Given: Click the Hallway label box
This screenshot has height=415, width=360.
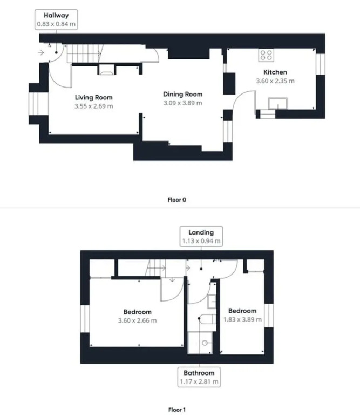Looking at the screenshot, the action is (x=56, y=19).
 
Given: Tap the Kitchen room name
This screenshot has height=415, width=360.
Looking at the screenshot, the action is (x=275, y=72).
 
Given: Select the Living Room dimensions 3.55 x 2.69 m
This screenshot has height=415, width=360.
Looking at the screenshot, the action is (x=93, y=106).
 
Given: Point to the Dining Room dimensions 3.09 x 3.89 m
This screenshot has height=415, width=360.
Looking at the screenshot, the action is (x=182, y=103).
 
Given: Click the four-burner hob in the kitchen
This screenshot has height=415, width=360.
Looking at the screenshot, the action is (x=266, y=55).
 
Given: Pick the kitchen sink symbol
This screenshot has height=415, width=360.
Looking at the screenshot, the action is (x=278, y=104).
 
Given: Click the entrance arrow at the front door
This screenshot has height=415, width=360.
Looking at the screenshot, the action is (x=40, y=52).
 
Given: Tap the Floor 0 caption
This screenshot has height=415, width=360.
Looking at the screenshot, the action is (x=177, y=200).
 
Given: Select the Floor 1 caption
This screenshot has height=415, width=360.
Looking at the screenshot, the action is (x=177, y=410).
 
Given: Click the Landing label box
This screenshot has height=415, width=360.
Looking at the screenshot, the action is (x=201, y=237).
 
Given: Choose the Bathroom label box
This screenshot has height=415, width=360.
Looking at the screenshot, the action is (x=199, y=377).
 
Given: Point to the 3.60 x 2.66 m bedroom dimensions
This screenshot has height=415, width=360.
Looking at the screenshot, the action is (x=138, y=320).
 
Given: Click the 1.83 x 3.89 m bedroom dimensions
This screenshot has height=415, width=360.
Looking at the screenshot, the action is (x=243, y=319).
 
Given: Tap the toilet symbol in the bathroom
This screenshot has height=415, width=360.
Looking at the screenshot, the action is (x=207, y=319).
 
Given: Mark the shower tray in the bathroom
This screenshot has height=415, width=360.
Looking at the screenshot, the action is (x=200, y=343).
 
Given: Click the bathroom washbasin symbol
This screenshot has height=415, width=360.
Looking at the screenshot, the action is (x=212, y=302).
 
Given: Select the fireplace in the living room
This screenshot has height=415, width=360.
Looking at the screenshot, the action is (x=106, y=70).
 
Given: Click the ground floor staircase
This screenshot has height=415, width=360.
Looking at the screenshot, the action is (x=85, y=53).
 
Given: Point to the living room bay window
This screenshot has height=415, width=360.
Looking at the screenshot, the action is (x=38, y=104).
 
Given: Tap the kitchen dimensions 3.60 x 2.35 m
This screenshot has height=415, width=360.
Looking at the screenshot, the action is (x=275, y=81).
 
